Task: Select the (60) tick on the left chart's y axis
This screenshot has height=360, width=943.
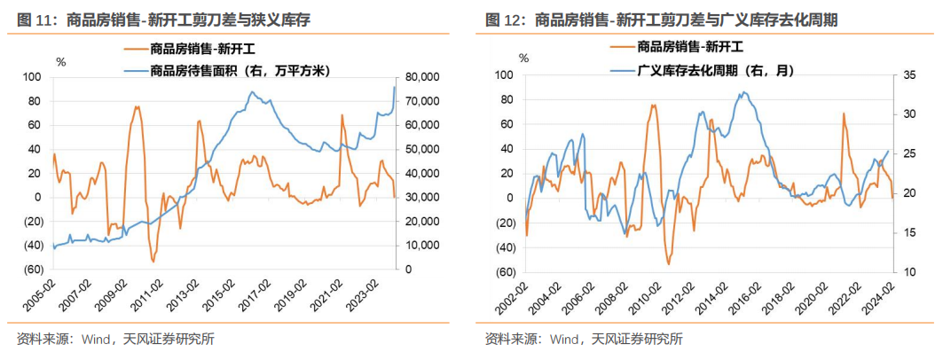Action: tap(32, 270)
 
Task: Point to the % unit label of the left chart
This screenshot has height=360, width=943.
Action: tap(60, 62)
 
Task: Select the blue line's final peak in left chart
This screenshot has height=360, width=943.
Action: tap(395, 87)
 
